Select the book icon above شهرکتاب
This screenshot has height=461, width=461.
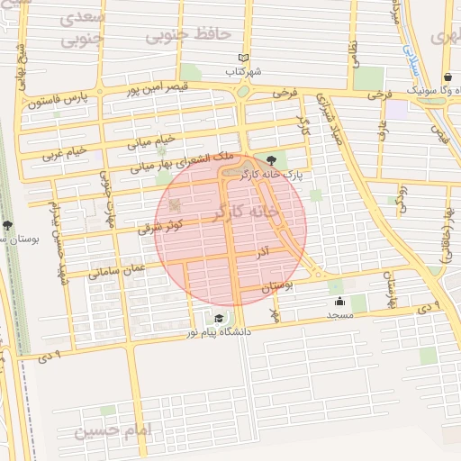(x=242, y=58)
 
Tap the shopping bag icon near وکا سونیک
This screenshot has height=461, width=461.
(x=448, y=78)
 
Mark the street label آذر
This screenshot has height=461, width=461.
(x=263, y=249)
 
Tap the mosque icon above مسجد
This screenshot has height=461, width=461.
(x=339, y=302)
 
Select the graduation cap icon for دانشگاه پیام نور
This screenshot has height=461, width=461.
(x=219, y=317)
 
